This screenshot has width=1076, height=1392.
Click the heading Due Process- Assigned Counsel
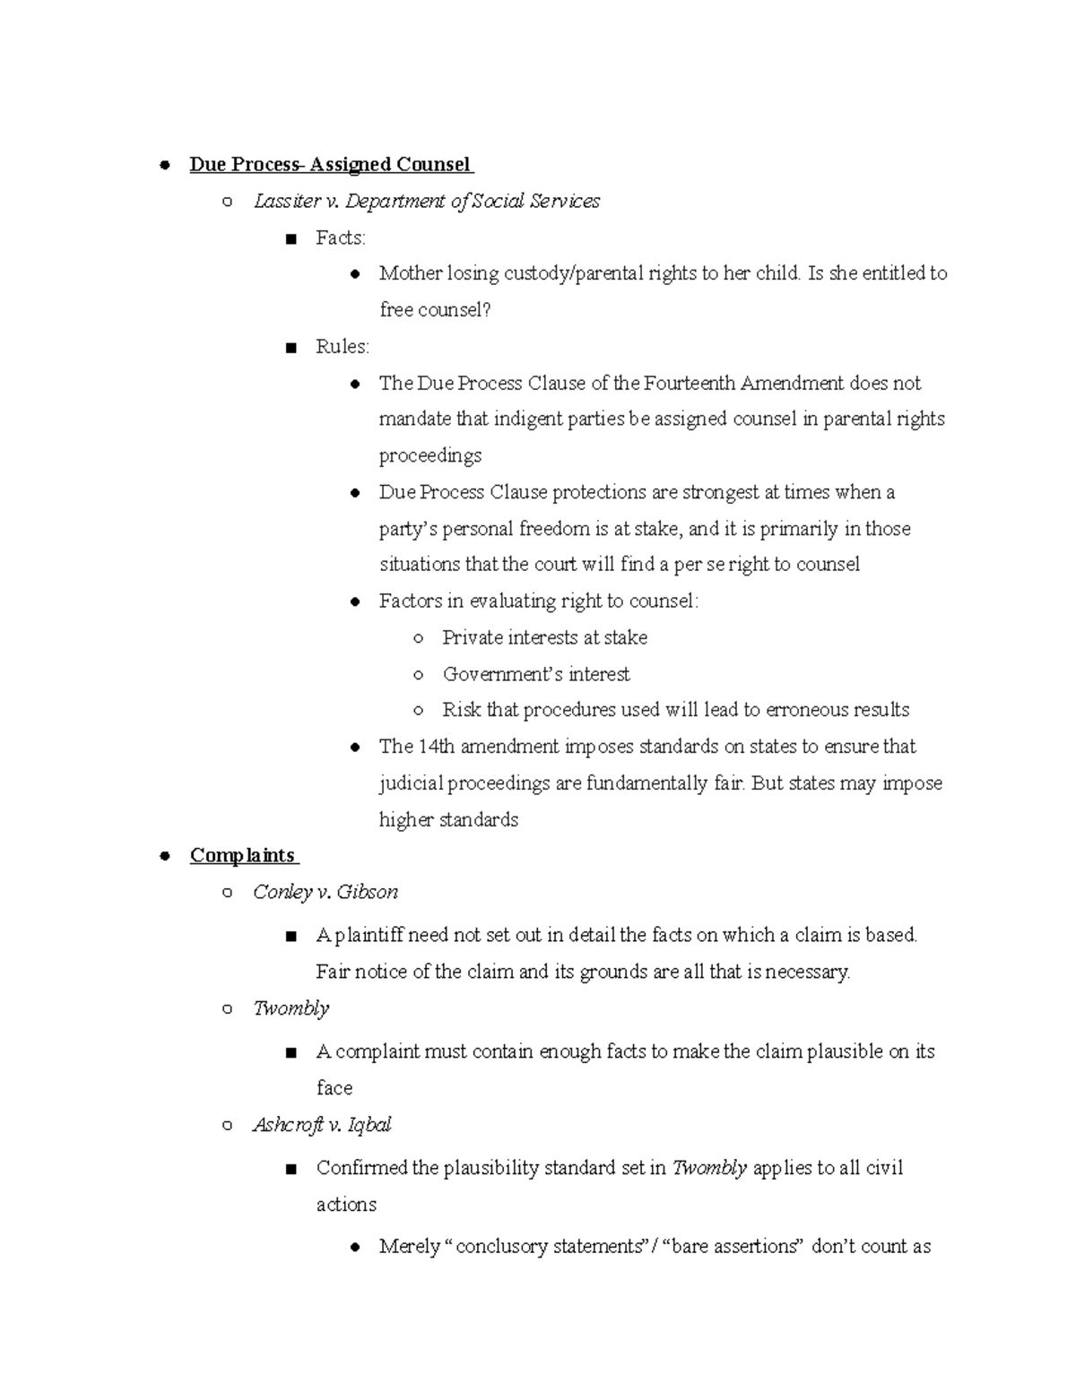coord(330,164)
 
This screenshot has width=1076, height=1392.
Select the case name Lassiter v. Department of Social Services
coord(427,201)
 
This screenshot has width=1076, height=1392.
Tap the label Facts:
coord(341,238)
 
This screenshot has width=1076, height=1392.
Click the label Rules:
coord(343,347)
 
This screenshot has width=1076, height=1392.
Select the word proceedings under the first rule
coord(430,456)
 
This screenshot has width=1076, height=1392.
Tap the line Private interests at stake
coord(544,638)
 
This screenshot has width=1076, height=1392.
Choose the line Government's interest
coord(536,674)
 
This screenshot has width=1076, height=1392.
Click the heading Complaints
coord(242,855)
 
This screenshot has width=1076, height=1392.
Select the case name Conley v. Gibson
coord(325,892)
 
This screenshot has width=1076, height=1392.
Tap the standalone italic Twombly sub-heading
coord(291,1008)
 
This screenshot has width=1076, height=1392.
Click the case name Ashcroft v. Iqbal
coord(323,1125)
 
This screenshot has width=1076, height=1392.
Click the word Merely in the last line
coord(410,1247)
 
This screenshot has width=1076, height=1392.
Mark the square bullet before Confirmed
coord(289,1170)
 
